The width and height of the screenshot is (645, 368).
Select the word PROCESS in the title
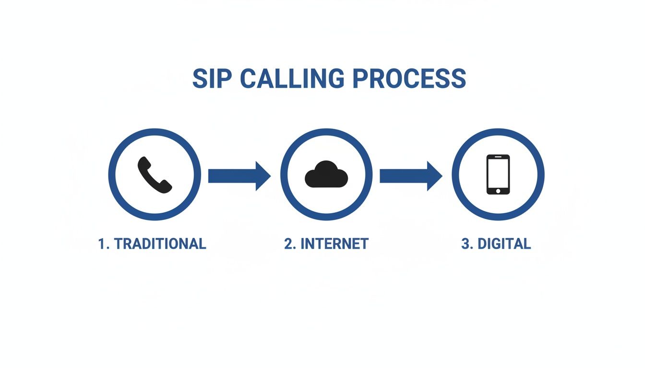409,79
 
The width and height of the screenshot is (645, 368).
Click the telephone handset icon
155,175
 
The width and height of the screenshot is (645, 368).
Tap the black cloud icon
326,174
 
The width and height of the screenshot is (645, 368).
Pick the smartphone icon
498,174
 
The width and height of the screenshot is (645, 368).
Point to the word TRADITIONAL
160,244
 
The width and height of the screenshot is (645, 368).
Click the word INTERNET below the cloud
334,244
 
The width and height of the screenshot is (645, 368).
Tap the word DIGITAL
504,244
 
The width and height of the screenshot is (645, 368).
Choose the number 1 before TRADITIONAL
101,244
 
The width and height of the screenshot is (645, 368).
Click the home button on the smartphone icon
498,191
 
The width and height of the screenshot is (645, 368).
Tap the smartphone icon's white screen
498,173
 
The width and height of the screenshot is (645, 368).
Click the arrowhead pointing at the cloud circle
263,176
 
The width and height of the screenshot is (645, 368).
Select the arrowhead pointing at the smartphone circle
434,176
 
